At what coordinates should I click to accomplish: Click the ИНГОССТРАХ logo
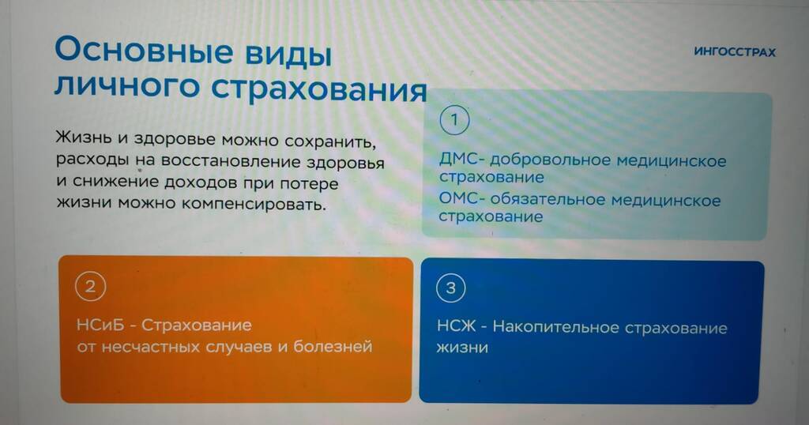tap(735, 52)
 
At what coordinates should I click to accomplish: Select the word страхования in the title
tap(319, 88)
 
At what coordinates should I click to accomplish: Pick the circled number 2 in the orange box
tap(90, 286)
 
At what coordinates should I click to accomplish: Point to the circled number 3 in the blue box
tap(451, 288)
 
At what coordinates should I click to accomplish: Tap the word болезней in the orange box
tap(333, 346)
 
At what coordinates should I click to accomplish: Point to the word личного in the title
tap(127, 87)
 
